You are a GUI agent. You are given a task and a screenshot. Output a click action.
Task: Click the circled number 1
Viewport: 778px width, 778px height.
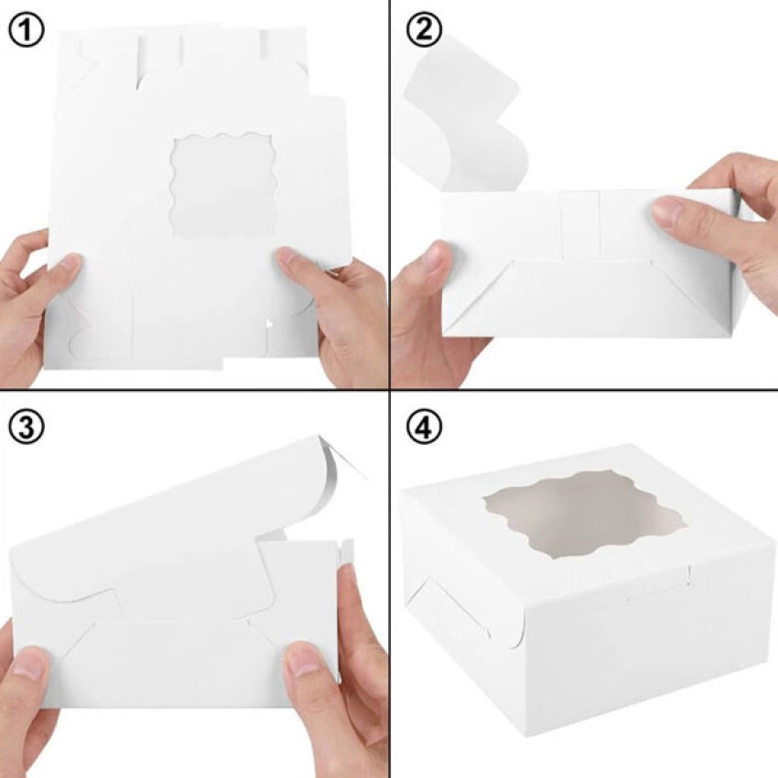pos(27,30)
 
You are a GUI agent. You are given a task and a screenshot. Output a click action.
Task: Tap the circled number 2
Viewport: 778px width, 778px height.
pos(424,30)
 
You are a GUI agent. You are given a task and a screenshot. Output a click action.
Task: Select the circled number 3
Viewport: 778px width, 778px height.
pos(27,427)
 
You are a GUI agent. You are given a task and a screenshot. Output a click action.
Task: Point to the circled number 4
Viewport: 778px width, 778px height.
pos(424,427)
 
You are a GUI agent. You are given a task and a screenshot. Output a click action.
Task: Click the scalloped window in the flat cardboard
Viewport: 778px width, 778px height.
pos(222,185)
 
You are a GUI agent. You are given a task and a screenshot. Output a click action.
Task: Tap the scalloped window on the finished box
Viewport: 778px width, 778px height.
pos(579,515)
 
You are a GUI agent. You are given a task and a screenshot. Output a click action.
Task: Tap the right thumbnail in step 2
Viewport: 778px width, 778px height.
pos(670,211)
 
